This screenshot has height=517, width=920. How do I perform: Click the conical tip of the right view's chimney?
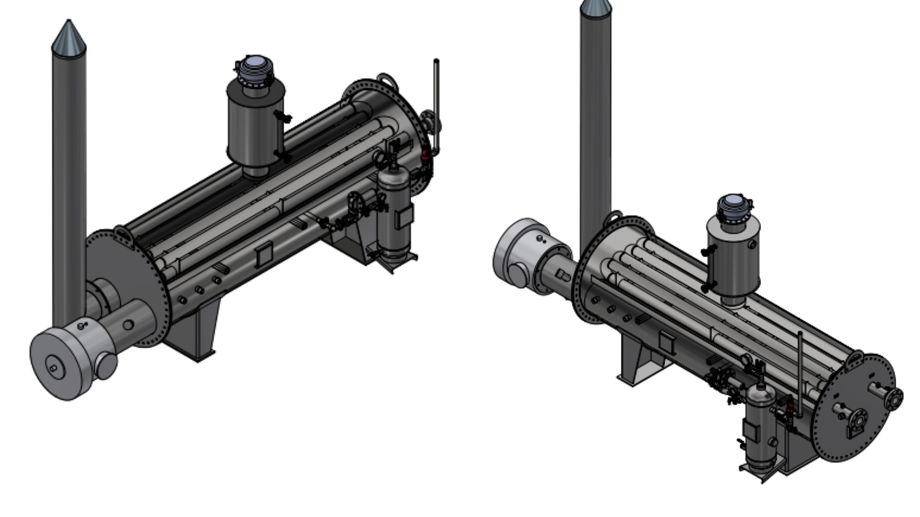pos(596,6)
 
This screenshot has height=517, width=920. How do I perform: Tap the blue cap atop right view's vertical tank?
pos(732,203)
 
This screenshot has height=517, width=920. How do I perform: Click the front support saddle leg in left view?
pos(201,330)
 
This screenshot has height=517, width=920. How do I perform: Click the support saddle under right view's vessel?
pos(637,359)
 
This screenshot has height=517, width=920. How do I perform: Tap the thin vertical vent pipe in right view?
pos(800,369)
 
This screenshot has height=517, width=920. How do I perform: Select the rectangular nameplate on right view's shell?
pos(667,341)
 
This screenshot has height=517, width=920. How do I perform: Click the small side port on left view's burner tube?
pos(128,325)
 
